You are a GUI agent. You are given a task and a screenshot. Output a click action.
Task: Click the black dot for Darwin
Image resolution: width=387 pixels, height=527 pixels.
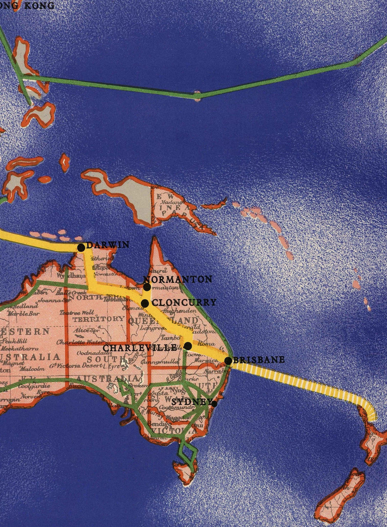[81, 247]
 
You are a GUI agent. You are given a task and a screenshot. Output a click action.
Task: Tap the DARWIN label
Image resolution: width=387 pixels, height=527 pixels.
[107, 245]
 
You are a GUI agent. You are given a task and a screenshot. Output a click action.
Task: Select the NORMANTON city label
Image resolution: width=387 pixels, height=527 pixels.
[178, 279]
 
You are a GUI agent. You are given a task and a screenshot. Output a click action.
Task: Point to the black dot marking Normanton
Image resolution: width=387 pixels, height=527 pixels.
[147, 286]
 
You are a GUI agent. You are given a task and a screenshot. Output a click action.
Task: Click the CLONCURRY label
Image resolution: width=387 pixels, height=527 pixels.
[184, 302]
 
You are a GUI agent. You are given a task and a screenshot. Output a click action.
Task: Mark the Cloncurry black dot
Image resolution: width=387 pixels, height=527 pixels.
[145, 303]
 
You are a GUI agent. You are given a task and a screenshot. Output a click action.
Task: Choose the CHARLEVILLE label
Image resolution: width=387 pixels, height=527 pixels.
[140, 347]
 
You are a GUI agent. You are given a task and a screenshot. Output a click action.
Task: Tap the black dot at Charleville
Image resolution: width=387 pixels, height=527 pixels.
[187, 346]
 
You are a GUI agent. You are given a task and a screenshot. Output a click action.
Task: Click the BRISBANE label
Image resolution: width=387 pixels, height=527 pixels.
[258, 360]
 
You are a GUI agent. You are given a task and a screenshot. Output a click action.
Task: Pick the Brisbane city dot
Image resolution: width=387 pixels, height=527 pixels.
[228, 361]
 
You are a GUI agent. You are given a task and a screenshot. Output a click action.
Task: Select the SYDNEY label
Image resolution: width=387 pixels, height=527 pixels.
[191, 402]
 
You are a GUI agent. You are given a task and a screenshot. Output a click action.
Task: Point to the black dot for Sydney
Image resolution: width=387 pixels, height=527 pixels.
[214, 403]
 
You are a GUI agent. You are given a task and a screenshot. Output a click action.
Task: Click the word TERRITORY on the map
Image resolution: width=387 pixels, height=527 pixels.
[98, 319]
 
